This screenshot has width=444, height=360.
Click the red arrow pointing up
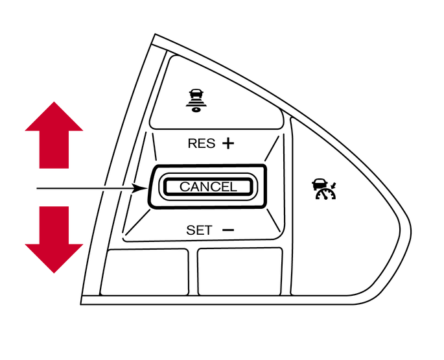54,136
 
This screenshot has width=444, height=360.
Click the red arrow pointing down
54,239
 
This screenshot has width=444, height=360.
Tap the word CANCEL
208,187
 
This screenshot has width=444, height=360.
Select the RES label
202,143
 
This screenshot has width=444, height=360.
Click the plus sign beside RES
228,143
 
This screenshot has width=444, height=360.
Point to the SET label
199,230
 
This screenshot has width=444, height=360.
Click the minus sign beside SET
228,230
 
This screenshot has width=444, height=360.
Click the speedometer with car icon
324,189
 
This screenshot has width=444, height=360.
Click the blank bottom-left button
145,272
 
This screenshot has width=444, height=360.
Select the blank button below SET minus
240,272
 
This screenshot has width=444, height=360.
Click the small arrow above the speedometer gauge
334,186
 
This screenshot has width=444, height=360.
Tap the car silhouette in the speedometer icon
319,184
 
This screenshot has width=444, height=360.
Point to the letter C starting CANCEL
184,187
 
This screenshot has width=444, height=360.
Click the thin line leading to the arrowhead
84,188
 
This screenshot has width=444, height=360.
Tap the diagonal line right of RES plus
272,149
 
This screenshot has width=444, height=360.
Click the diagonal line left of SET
137,222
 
